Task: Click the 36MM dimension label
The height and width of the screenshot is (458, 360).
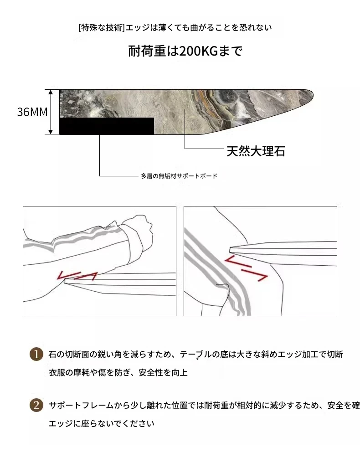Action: [x=32, y=112]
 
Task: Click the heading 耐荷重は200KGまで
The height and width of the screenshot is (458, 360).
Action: [x=185, y=51]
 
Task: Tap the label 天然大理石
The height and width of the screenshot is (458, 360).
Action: [x=256, y=151]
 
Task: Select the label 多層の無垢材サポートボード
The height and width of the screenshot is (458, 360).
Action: [x=179, y=176]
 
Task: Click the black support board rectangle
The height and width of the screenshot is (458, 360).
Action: [x=107, y=126]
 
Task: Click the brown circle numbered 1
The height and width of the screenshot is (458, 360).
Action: [x=36, y=354]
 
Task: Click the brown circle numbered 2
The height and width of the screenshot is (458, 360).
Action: [x=36, y=405]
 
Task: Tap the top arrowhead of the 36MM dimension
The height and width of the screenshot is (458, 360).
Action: [x=51, y=92]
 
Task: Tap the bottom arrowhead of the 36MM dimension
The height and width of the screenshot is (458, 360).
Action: [x=51, y=132]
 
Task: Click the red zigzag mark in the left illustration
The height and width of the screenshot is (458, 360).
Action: [x=77, y=276]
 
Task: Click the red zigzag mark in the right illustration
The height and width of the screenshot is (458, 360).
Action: [x=246, y=268]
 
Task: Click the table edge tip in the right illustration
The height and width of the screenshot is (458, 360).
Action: [x=231, y=249]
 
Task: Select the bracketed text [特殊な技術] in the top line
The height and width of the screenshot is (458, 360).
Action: [x=102, y=28]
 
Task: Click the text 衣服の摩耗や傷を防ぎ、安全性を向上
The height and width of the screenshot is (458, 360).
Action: [x=118, y=372]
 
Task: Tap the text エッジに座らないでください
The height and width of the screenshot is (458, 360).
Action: [x=101, y=423]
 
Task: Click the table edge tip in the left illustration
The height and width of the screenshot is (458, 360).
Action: [x=66, y=280]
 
